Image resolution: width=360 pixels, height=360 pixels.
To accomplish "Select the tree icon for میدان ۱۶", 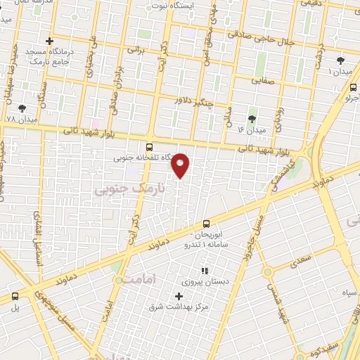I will pyautogui.click(x=252, y=119).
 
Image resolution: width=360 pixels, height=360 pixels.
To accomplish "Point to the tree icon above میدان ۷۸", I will pyautogui.click(x=22, y=108).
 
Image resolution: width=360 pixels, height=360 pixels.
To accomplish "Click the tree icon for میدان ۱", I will pyautogui.click(x=341, y=61).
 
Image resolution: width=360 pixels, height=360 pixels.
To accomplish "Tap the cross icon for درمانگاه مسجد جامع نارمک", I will pyautogui.click(x=49, y=41).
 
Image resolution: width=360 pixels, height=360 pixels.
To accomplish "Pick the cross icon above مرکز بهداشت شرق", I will pyautogui.click(x=179, y=295).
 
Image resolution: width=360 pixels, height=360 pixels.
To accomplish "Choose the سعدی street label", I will pyautogui.click(x=300, y=262).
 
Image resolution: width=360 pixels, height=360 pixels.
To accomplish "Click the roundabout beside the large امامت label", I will pyautogui.click(x=119, y=280).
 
